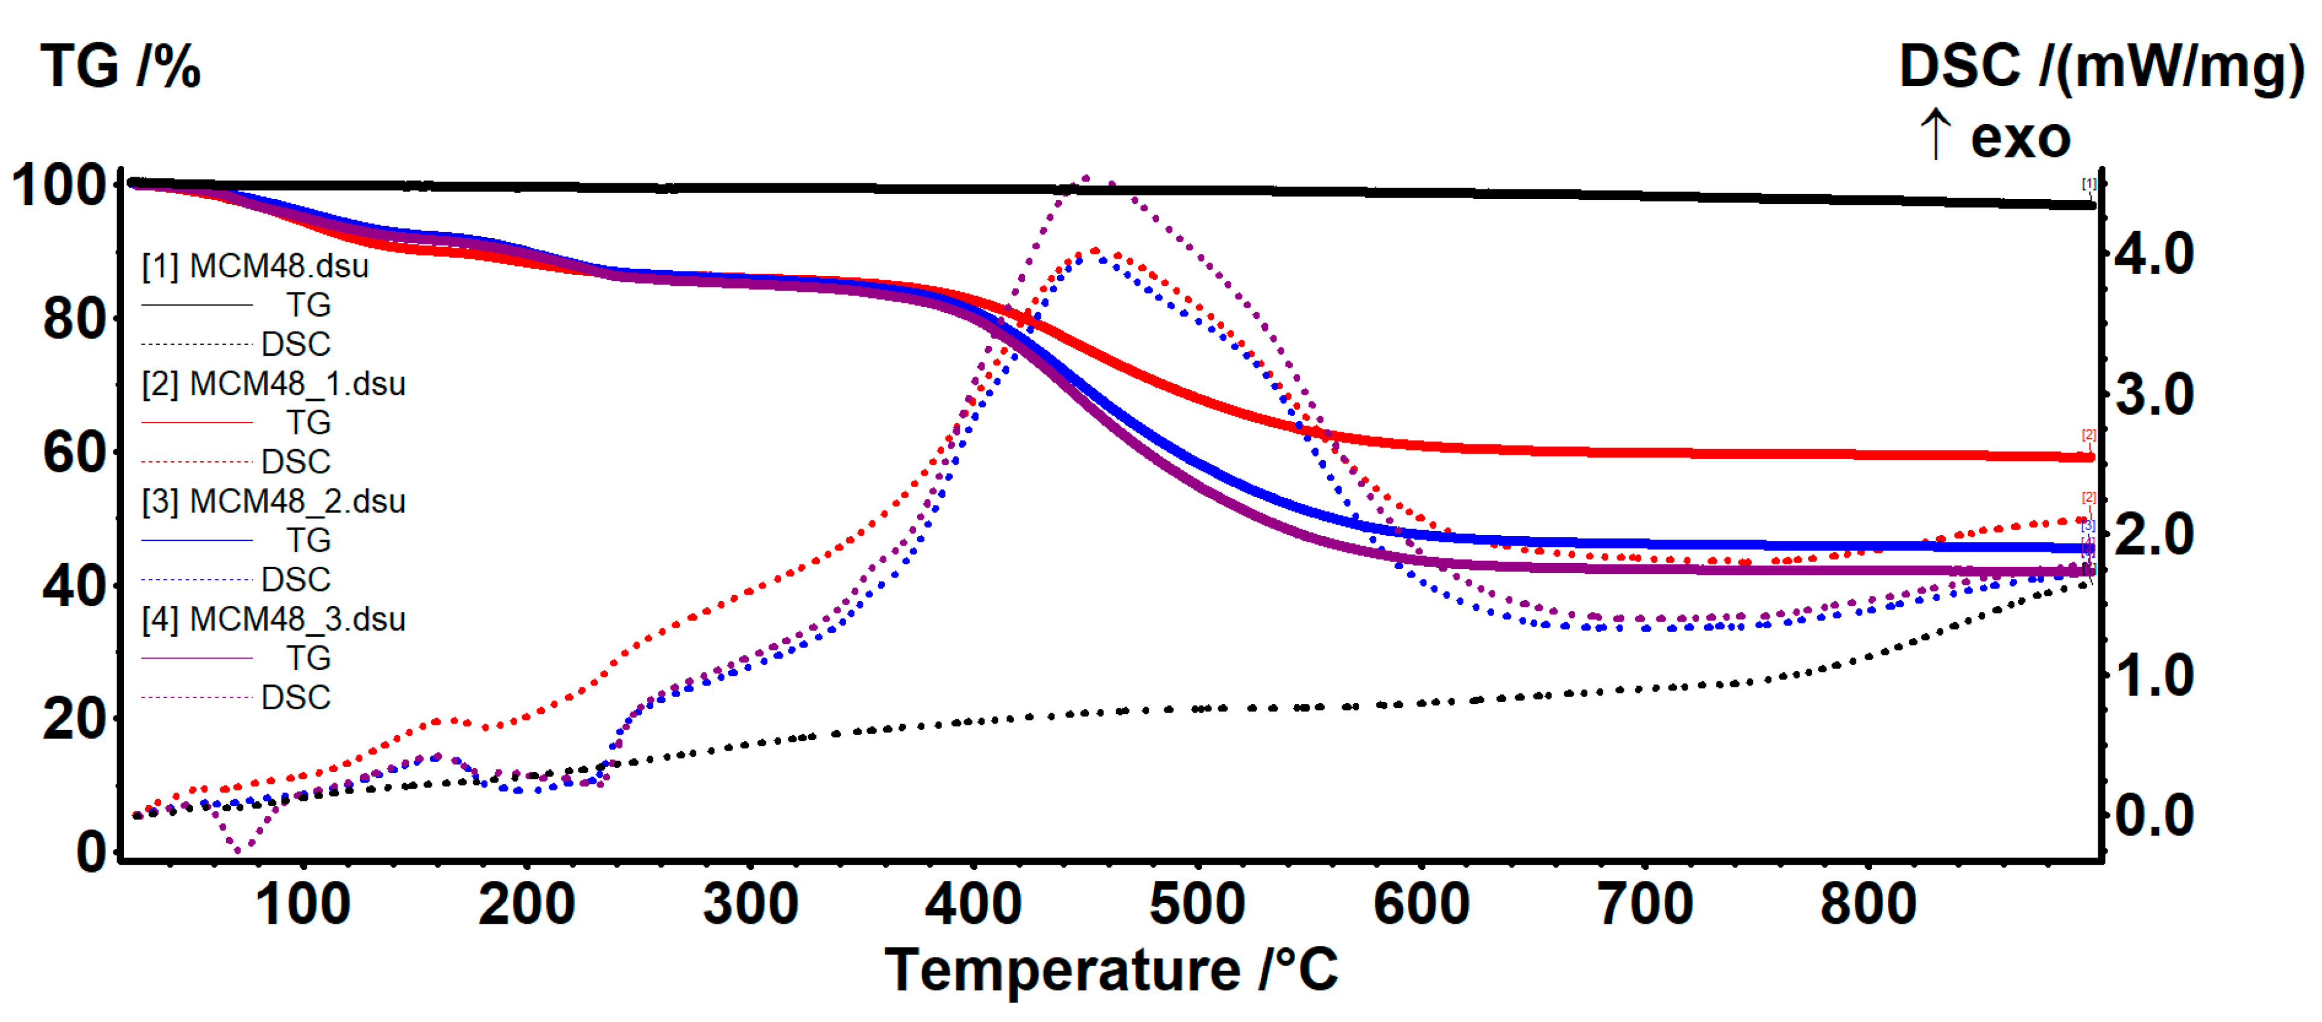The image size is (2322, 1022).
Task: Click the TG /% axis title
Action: coord(121,67)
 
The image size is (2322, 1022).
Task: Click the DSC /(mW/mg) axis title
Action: coord(2100,67)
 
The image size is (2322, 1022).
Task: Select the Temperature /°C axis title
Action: coord(1111,971)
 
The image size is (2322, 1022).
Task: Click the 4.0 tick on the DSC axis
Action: coord(2154,254)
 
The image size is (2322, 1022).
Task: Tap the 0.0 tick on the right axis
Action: coord(2154,816)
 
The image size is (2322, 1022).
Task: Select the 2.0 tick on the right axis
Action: coord(2154,535)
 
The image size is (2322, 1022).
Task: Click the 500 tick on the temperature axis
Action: coord(1197,904)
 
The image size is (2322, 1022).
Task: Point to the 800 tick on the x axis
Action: coord(1868,904)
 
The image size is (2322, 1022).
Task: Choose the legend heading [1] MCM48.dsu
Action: coord(255,267)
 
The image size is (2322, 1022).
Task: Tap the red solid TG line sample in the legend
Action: coord(197,423)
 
